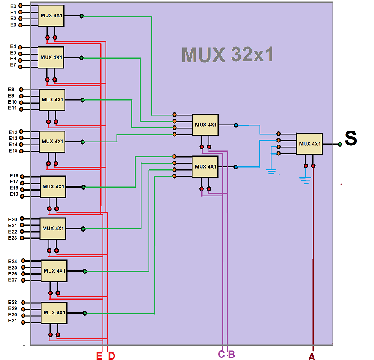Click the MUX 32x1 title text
[228, 55]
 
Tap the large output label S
[351, 139]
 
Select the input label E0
[13, 6]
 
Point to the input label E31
[13, 321]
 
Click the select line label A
[312, 357]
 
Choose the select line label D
[111, 356]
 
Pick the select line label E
[99, 356]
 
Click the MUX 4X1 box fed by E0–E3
[51, 16]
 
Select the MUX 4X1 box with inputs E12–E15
[52, 142]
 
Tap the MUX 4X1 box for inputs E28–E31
[54, 313]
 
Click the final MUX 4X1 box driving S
[309, 144]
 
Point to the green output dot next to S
[340, 144]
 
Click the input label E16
[14, 175]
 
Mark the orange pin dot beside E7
[20, 67]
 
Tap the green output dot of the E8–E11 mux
[83, 100]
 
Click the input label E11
[12, 108]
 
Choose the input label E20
[13, 219]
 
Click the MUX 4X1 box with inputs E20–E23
[53, 229]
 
